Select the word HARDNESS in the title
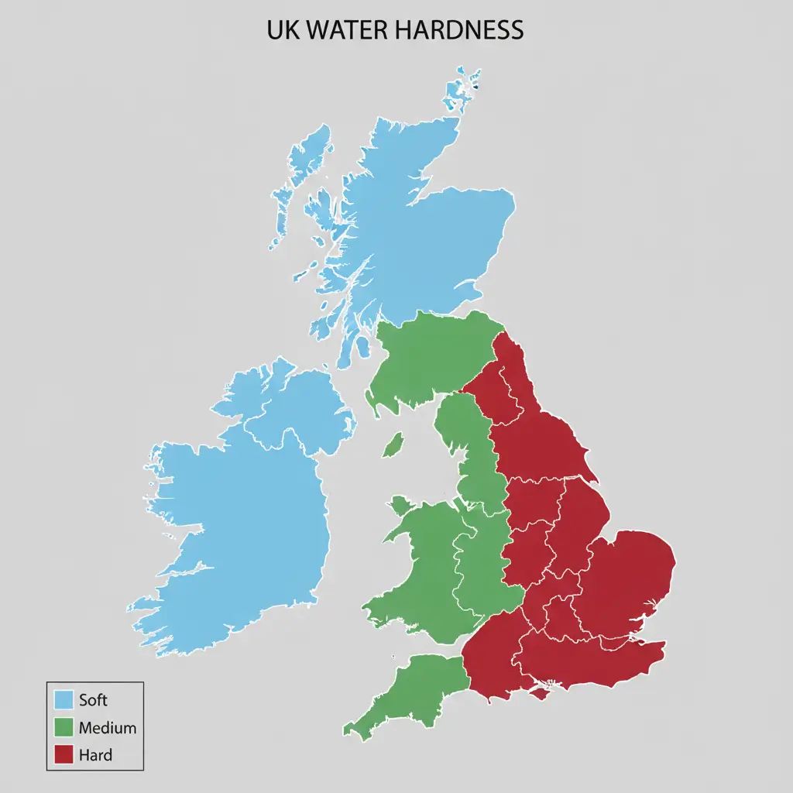coord(458,30)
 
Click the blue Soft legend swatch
coord(64,700)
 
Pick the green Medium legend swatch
coord(64,728)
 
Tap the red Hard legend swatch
coord(64,755)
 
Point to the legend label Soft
coord(93,700)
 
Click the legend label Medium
coord(107,728)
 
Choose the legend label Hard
coord(95,755)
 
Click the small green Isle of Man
coord(393,445)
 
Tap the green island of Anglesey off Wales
coord(400,506)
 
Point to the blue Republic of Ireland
coord(232,534)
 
